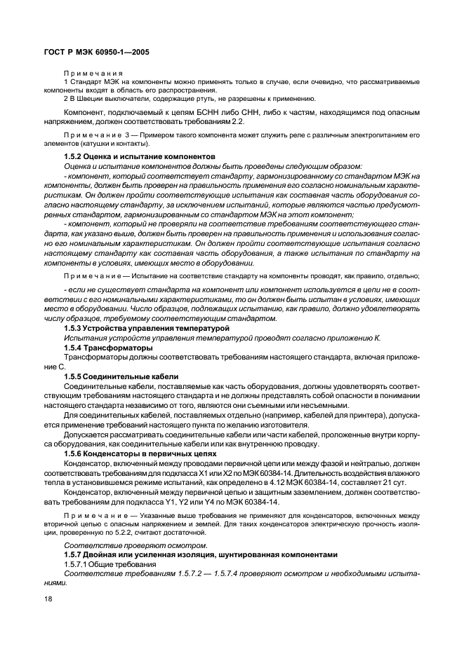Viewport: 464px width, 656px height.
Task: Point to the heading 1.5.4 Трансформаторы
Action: click(108, 348)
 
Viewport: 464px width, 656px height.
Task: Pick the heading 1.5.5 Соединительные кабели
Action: click(121, 376)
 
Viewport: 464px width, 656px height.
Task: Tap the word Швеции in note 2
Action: click(93, 98)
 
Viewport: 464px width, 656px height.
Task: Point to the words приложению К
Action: click(354, 338)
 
